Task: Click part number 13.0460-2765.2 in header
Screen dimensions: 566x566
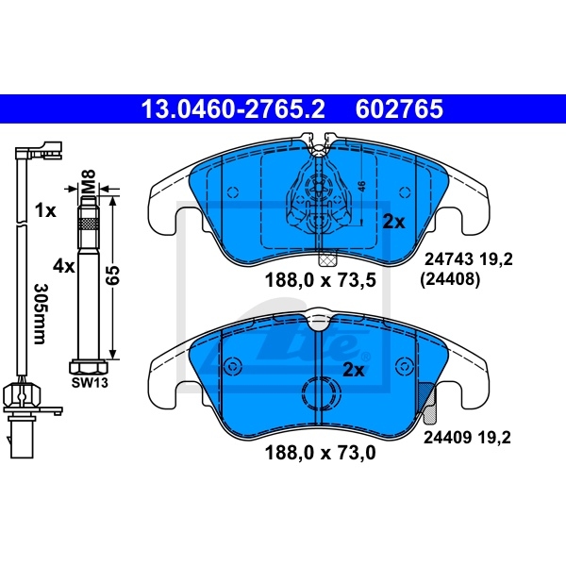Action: pyautogui.click(x=232, y=109)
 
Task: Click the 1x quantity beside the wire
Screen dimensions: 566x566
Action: pyautogui.click(x=44, y=210)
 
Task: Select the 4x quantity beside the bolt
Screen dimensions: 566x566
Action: pyautogui.click(x=63, y=266)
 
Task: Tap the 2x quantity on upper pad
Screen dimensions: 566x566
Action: pyautogui.click(x=393, y=223)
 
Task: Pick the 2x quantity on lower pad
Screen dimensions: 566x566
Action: pyautogui.click(x=354, y=370)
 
